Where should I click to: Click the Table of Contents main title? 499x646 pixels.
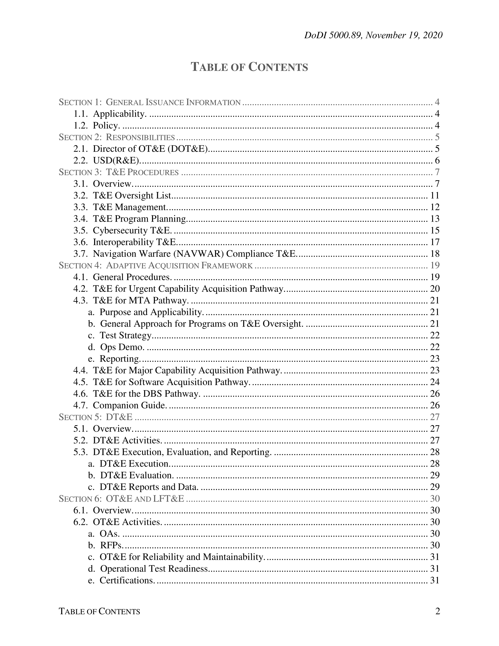coord(249,67)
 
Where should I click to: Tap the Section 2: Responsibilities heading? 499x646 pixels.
coord(117,137)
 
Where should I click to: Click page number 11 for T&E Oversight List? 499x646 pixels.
coord(435,195)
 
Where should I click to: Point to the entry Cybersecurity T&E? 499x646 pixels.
coord(132,230)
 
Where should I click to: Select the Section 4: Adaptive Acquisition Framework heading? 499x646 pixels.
coord(155,265)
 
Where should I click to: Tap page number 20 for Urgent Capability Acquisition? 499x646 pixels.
coord(435,289)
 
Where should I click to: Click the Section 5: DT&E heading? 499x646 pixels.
coord(95,417)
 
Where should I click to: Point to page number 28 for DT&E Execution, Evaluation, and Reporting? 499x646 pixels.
coord(435,452)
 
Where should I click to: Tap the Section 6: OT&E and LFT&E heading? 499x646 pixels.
coord(121,499)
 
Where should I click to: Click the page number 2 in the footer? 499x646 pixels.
coord(438,611)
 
